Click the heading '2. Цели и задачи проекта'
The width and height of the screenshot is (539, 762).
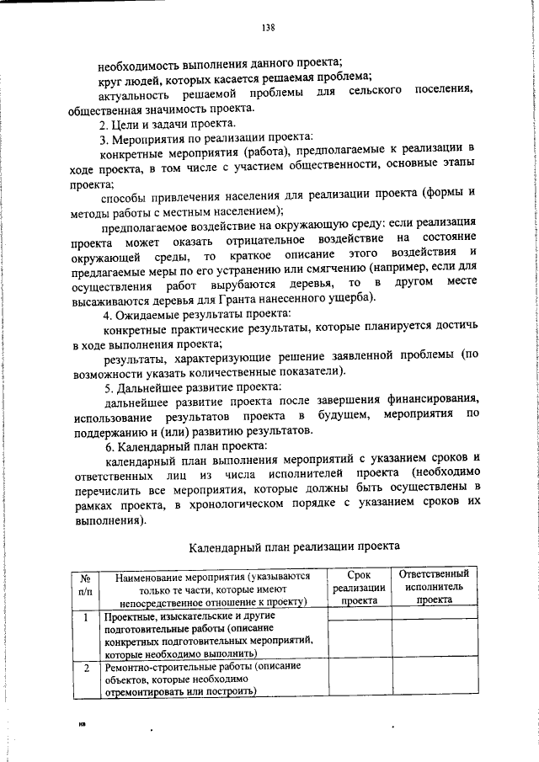(163, 123)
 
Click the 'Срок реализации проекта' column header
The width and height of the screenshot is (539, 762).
(359, 588)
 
